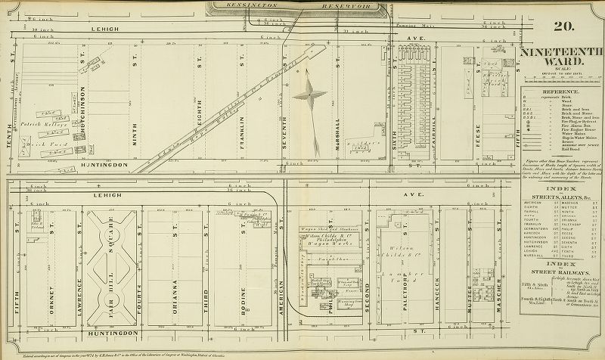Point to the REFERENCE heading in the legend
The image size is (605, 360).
561,90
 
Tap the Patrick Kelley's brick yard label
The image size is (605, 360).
37,121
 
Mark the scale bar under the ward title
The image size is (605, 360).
561,71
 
